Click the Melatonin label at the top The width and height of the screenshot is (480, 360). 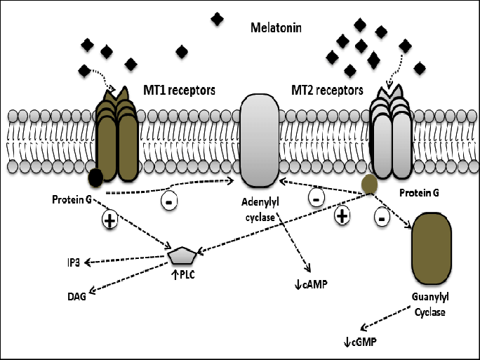pyautogui.click(x=277, y=29)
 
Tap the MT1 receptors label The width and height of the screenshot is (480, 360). pyautogui.click(x=179, y=91)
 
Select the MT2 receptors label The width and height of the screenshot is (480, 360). pyautogui.click(x=327, y=91)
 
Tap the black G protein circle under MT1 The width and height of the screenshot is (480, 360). pyautogui.click(x=95, y=180)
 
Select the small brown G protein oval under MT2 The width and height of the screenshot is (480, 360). pyautogui.click(x=370, y=185)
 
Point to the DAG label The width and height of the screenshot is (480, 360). pyautogui.click(x=77, y=297)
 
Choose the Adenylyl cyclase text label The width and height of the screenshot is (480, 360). pyautogui.click(x=260, y=210)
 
